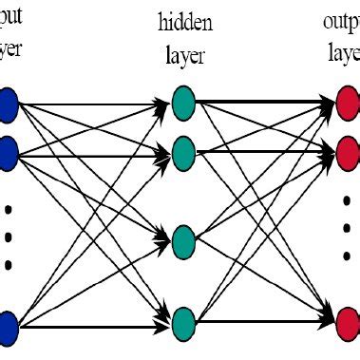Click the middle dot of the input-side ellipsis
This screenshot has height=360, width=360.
pyautogui.click(x=9, y=236)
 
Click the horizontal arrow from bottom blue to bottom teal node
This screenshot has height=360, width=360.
pyautogui.click(x=95, y=329)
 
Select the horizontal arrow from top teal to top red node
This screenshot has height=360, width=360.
pyautogui.click(x=266, y=101)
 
